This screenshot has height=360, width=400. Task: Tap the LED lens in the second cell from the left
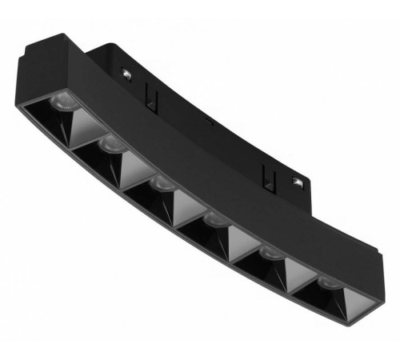click(110, 145)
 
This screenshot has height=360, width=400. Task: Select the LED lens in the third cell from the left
click(162, 183)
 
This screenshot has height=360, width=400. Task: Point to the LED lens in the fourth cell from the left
click(214, 219)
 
